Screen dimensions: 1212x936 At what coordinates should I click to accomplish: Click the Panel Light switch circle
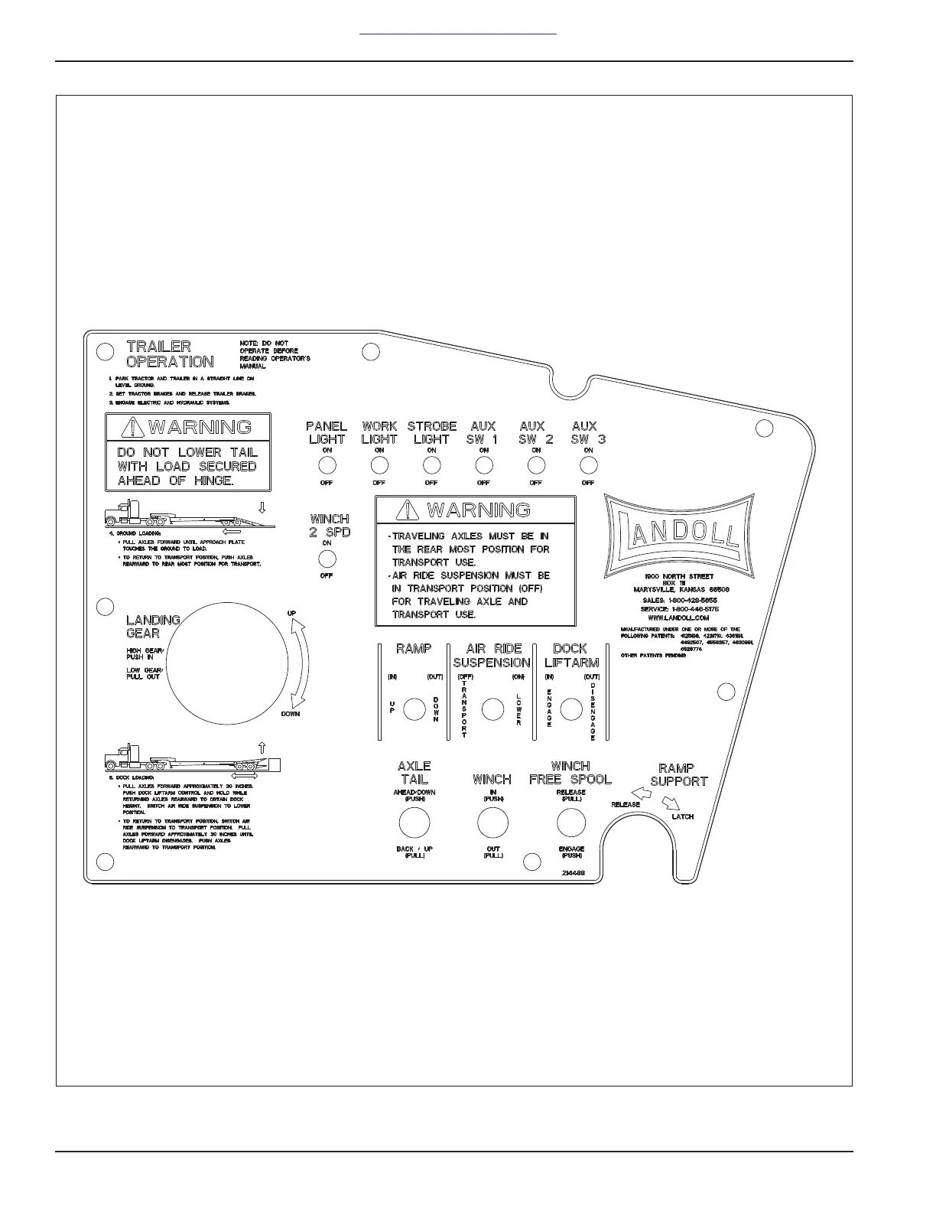[327, 465]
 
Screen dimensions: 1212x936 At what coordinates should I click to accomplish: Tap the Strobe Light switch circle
[431, 465]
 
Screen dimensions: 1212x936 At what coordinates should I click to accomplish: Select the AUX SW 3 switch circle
[588, 465]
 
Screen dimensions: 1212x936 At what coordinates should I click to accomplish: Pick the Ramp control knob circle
[414, 709]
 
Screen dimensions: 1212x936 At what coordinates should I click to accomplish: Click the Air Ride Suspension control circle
[493, 709]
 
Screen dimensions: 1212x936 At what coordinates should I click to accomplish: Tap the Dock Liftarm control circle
[571, 709]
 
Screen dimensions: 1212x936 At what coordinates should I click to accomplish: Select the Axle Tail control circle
[414, 823]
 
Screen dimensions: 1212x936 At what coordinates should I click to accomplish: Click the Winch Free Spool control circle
[571, 823]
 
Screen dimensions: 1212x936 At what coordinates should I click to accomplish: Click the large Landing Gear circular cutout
[227, 663]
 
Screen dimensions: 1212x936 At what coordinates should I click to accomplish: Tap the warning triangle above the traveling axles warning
[411, 510]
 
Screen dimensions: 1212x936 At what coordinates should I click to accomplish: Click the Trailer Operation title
[170, 353]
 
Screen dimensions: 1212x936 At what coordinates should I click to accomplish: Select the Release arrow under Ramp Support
[642, 794]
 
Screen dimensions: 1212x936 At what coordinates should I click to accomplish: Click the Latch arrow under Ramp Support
[671, 803]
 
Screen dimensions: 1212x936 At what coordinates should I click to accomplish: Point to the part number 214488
[574, 872]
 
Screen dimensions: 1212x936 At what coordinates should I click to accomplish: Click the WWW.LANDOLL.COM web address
[678, 617]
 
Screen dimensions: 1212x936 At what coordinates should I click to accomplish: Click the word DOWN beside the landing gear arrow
[291, 714]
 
